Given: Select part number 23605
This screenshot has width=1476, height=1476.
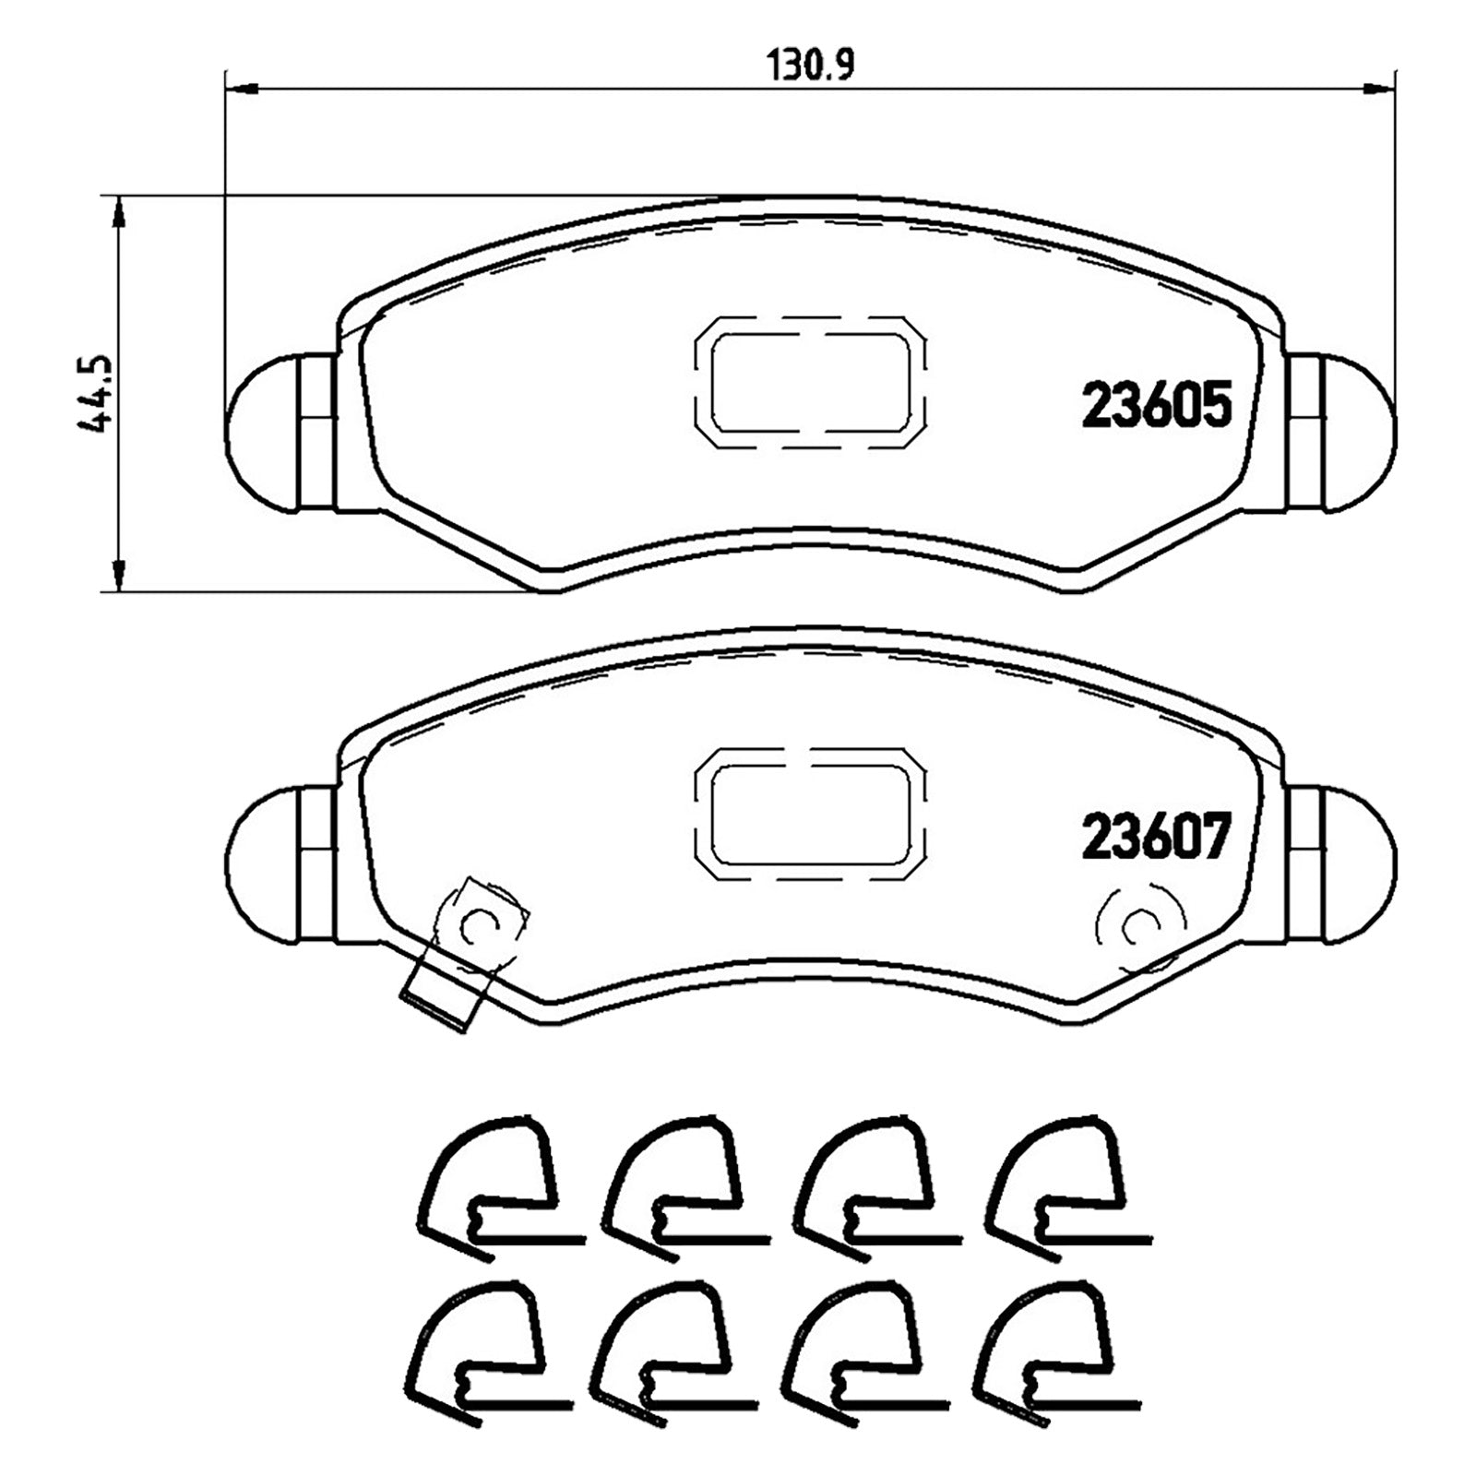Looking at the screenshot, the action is pos(1157,406).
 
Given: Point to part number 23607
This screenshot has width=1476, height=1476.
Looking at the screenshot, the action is pos(1157,838).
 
